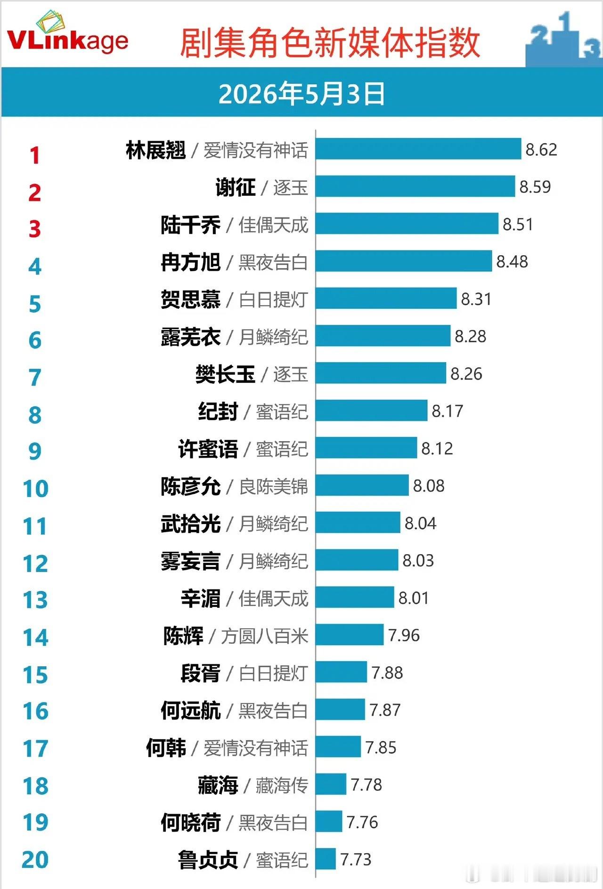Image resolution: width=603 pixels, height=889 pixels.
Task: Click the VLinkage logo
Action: (68, 33)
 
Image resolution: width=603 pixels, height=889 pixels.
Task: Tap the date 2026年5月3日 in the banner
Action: (301, 93)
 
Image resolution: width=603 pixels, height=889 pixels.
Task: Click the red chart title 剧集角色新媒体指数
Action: (329, 43)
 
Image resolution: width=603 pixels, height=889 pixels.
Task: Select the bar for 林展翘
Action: (418, 149)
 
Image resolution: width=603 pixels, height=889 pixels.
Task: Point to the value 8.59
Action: (535, 186)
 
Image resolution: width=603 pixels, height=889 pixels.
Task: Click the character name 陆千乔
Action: (190, 225)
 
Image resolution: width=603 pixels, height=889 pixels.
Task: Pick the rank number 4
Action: (35, 267)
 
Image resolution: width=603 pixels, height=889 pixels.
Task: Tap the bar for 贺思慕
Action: (386, 298)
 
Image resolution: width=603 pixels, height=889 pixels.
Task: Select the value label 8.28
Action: (471, 336)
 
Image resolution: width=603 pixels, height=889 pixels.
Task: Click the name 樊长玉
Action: (225, 374)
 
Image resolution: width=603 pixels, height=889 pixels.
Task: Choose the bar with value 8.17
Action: (371, 410)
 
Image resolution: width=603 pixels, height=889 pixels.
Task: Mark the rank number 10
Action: (36, 489)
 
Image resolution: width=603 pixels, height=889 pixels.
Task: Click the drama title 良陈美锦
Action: (273, 486)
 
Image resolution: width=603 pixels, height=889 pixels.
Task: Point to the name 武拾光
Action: (190, 524)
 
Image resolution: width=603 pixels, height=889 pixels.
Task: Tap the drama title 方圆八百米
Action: (264, 636)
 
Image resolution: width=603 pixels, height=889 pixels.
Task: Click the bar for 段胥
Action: (341, 671)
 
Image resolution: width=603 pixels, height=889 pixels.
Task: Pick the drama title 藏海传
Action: (282, 785)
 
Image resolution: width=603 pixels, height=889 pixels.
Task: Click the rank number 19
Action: (36, 822)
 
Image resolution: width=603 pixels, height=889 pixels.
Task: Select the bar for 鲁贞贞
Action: (326, 858)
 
